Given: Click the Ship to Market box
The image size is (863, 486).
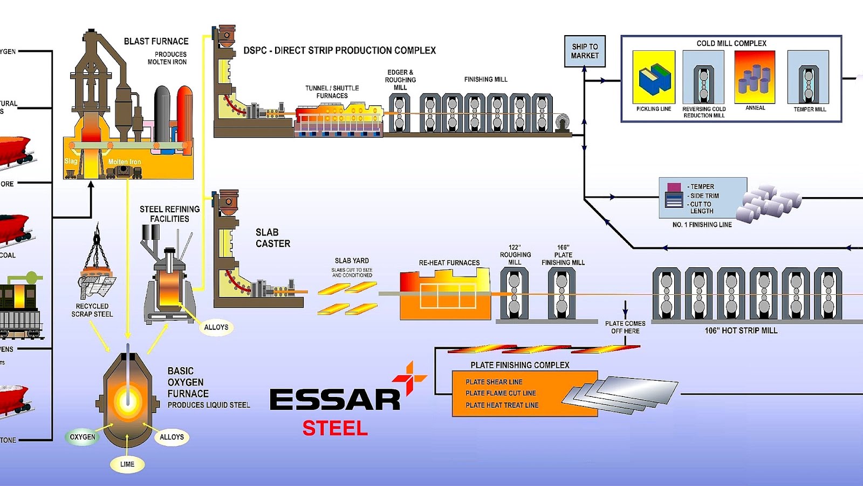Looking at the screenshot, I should [x=585, y=51].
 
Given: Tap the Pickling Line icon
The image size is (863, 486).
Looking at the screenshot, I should [x=653, y=77].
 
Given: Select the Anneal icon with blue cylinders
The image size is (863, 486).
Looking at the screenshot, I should [x=755, y=77].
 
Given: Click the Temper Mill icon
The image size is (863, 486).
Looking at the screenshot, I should [x=808, y=77].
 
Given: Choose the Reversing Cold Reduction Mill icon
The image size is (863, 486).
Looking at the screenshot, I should [x=703, y=77].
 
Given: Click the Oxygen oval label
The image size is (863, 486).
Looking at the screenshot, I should [x=83, y=437].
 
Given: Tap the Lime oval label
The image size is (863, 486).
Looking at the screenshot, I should [x=127, y=464].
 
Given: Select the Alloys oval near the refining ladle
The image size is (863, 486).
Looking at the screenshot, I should [x=216, y=327].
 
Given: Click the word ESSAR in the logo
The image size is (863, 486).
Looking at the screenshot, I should [x=334, y=400].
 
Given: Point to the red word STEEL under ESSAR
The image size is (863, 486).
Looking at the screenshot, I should [x=335, y=428].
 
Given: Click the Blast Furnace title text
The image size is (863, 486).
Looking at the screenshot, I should [x=156, y=41].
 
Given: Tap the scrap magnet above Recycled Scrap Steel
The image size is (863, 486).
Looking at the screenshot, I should [x=97, y=275].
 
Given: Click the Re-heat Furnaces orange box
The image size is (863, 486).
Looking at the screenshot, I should [x=445, y=295].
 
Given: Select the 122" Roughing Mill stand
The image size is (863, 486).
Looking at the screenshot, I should [x=514, y=294].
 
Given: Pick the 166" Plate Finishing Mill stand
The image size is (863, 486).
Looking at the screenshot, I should [x=561, y=294].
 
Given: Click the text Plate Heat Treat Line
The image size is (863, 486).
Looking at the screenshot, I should [x=502, y=405].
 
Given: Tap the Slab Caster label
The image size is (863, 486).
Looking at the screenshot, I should [x=272, y=238].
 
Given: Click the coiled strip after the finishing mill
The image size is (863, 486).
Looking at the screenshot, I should [x=562, y=123].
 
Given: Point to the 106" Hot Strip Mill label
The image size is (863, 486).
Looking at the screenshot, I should [x=741, y=330].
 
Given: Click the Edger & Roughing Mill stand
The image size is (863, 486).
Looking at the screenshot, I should [x=399, y=113].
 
